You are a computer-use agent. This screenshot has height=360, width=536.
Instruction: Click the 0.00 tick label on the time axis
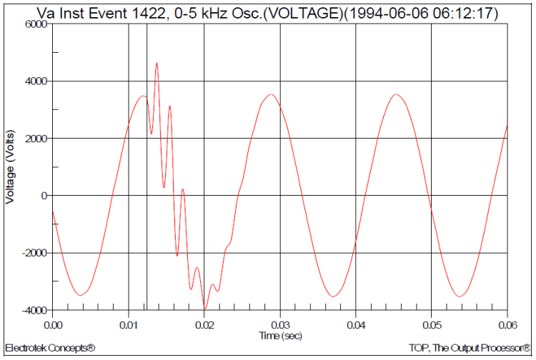[x=53, y=326]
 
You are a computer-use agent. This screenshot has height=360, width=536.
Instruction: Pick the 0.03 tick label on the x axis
[x=279, y=326]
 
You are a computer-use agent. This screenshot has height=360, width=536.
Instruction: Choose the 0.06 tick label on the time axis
[x=506, y=326]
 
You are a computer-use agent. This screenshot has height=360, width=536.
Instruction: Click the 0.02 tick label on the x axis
[x=204, y=326]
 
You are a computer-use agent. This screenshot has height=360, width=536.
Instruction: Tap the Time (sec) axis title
[x=279, y=334]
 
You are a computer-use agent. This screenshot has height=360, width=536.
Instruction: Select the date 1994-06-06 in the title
[x=377, y=11]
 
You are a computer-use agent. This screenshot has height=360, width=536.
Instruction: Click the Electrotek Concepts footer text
[x=50, y=348]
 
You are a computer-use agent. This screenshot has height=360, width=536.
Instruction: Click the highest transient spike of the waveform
[x=157, y=64]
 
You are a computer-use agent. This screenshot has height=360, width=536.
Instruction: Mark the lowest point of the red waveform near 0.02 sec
[x=205, y=308]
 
